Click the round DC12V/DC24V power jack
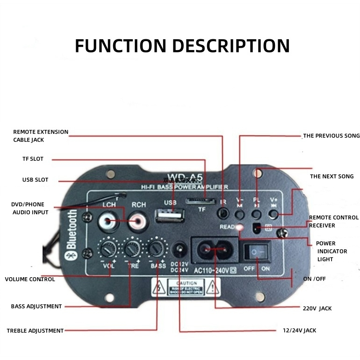[179, 249]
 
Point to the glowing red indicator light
[240, 228]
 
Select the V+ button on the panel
[274, 214]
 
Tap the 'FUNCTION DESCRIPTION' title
[182, 46]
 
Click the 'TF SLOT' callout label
[33, 159]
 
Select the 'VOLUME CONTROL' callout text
[30, 279]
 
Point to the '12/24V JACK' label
[300, 331]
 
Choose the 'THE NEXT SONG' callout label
[332, 176]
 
